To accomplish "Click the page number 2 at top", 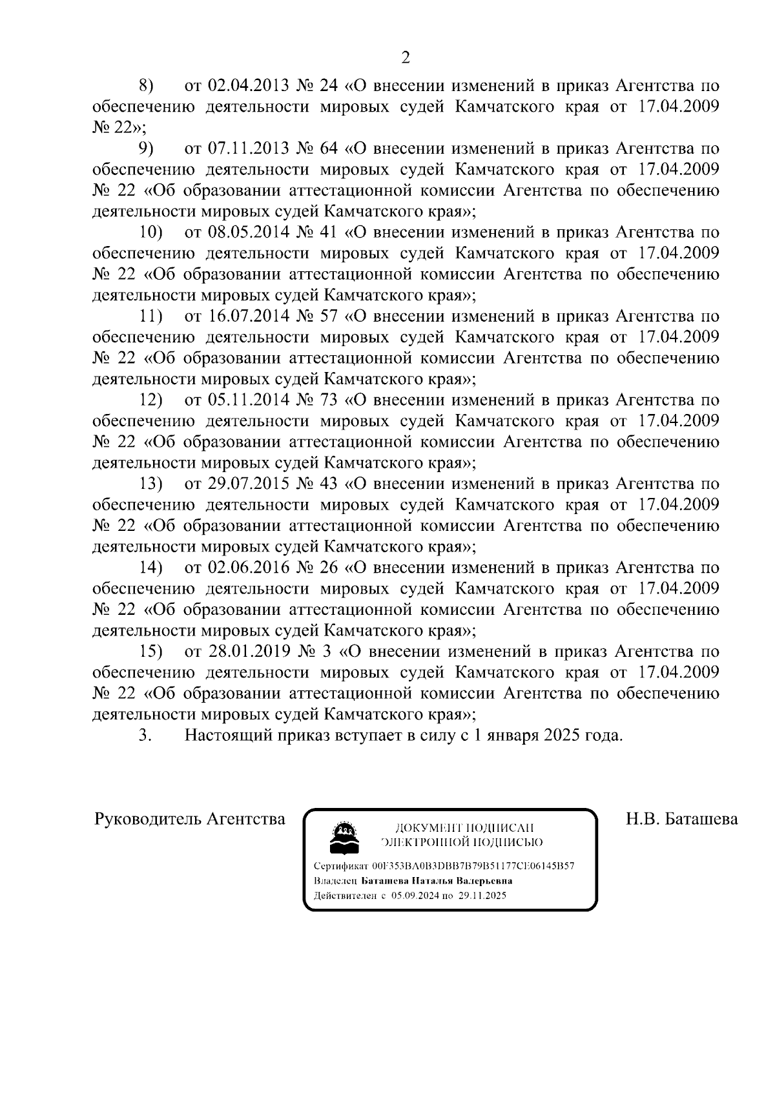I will [x=406, y=58].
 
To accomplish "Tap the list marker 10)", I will [x=152, y=233].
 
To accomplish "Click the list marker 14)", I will [x=152, y=568].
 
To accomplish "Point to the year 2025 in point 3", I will [x=561, y=736].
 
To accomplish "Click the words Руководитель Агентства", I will [x=189, y=820].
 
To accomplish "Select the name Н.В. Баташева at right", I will [x=681, y=820].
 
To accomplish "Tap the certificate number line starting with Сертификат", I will [x=443, y=866].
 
